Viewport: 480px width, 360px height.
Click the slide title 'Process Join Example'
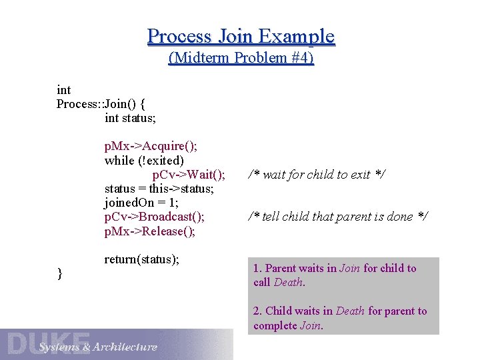[241, 35]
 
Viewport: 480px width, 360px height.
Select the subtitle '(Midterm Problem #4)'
[241, 58]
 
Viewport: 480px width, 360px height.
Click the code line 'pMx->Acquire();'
[151, 146]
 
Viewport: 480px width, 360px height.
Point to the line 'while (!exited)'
[144, 161]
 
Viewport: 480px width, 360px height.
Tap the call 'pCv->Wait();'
[189, 175]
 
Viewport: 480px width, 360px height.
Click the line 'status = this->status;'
[159, 189]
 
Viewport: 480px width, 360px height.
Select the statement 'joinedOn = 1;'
[141, 203]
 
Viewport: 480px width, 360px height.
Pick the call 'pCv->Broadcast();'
[155, 217]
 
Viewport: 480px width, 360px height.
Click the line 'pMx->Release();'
[150, 231]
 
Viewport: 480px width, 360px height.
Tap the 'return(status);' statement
[141, 260]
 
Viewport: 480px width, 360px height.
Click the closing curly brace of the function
[60, 273]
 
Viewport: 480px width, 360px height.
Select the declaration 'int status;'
[130, 118]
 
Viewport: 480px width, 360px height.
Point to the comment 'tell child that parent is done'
[338, 217]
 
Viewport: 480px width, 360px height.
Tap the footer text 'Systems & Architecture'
[98, 347]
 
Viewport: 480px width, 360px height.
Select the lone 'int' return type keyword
[64, 90]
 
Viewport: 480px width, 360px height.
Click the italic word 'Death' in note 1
[288, 283]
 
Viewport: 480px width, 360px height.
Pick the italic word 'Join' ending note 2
[311, 326]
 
